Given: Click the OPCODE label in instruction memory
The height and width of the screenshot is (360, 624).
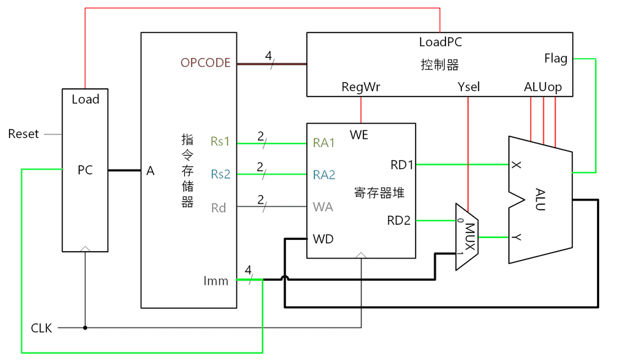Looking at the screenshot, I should click(x=205, y=63).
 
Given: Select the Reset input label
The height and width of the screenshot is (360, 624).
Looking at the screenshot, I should click(x=23, y=133).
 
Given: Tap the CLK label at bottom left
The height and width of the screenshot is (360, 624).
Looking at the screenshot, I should click(x=41, y=328).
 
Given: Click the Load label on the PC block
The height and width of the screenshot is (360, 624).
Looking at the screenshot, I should click(x=85, y=99).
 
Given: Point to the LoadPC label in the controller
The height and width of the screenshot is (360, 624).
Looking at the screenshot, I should click(x=440, y=42).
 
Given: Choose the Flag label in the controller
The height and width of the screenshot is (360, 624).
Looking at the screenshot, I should click(x=555, y=58).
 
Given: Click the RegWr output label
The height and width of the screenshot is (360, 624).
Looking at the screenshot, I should click(x=361, y=87).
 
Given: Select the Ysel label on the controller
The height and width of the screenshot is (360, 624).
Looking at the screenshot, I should click(x=468, y=87).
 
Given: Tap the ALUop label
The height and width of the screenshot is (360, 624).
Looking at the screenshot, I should click(x=543, y=87).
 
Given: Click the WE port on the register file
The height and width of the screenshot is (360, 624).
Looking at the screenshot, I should click(x=359, y=134).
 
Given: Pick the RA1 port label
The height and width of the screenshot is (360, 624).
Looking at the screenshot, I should click(x=324, y=143).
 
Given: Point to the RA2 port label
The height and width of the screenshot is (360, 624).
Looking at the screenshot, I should click(x=324, y=174).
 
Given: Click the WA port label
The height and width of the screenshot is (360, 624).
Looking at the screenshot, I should click(x=323, y=207).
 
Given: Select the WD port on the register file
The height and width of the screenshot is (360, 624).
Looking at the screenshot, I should click(x=323, y=239).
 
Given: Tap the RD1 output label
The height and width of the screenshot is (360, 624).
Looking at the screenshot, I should click(x=401, y=164).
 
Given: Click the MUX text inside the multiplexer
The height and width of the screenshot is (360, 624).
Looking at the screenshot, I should click(x=470, y=237).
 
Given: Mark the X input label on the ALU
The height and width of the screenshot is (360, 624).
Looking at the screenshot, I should click(x=516, y=166).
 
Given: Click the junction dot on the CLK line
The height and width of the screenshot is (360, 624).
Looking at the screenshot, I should click(x=85, y=328).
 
